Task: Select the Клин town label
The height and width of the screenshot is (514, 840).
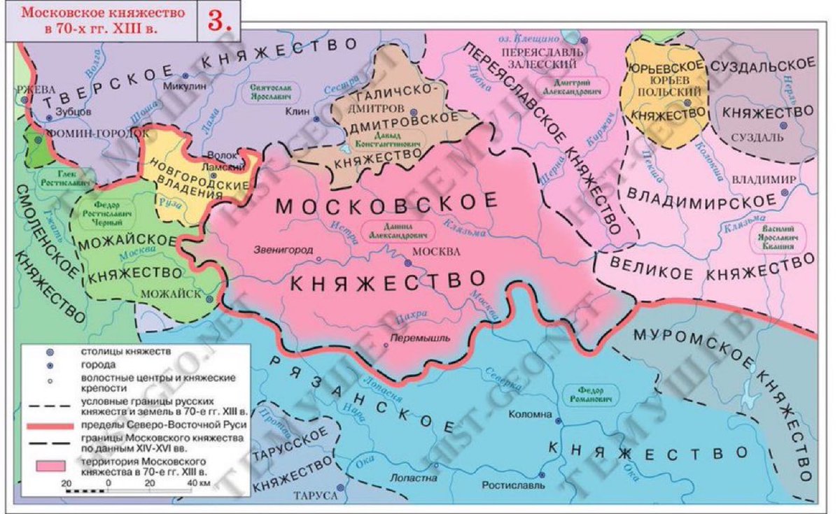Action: pyautogui.click(x=299, y=110)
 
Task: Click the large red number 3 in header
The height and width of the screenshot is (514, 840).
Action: pyautogui.click(x=219, y=20)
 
